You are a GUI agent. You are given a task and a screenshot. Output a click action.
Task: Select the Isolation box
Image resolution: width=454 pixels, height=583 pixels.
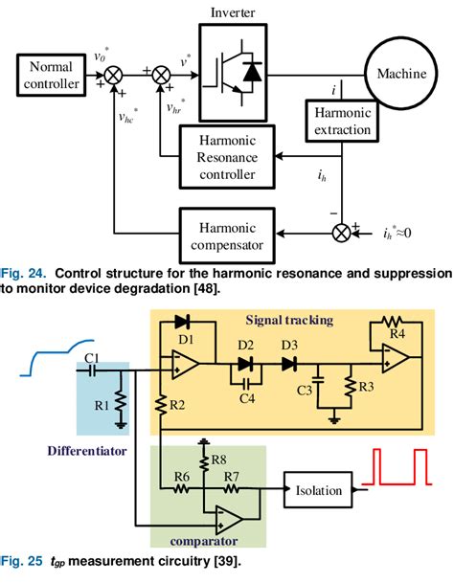tap(318, 490)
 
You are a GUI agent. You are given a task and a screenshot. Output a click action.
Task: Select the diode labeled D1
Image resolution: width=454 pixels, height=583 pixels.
tap(182, 325)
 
